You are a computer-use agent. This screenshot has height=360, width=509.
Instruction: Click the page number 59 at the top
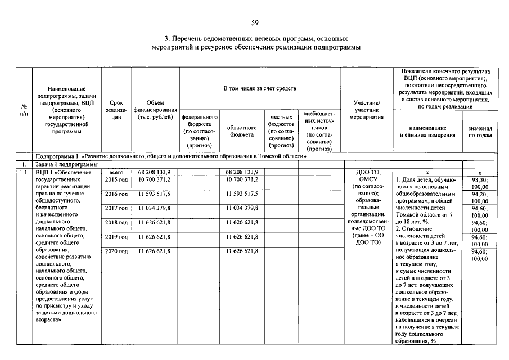[255, 22]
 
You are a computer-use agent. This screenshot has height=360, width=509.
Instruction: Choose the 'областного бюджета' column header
[242, 131]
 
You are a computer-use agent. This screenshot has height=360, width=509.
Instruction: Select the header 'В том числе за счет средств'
[260, 88]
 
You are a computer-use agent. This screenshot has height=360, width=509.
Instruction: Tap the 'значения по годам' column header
[480, 132]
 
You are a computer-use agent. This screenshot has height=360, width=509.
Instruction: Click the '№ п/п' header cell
[24, 110]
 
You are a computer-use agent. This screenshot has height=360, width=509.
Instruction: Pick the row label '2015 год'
[116, 179]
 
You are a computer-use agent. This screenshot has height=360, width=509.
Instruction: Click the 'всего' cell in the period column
[116, 172]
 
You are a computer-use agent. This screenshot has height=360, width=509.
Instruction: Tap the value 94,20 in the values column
[480, 193]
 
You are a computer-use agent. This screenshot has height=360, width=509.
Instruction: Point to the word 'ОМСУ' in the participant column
[368, 179]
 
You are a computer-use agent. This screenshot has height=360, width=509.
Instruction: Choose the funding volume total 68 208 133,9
[154, 172]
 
